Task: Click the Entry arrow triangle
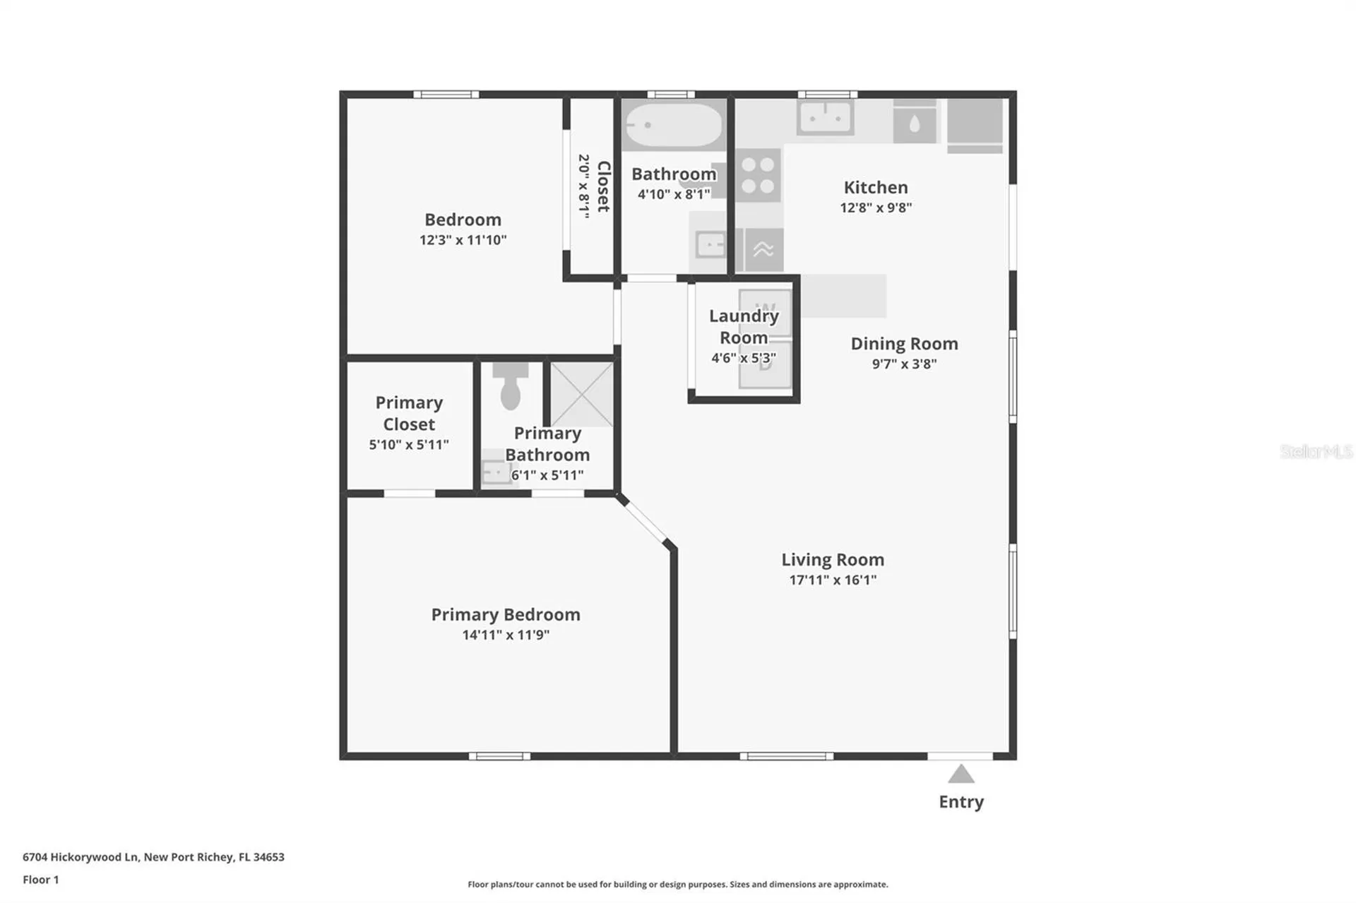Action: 961,775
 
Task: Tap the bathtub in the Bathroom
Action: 674,125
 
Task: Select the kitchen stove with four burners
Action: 759,176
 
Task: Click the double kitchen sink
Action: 825,117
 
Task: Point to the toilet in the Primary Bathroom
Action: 511,386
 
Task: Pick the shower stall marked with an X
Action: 582,394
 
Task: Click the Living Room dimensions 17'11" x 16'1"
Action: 833,580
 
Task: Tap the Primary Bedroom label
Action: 506,614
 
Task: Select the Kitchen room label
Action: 876,187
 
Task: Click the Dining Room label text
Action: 904,344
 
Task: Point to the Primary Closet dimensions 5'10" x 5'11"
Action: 409,445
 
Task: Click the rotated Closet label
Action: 604,186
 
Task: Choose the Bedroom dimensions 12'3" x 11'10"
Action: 463,240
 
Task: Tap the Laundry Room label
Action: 744,326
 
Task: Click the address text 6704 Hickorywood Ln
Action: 81,857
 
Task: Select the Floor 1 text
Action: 41,880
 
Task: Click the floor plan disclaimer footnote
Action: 678,884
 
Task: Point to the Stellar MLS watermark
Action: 1316,451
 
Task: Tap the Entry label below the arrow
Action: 961,802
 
